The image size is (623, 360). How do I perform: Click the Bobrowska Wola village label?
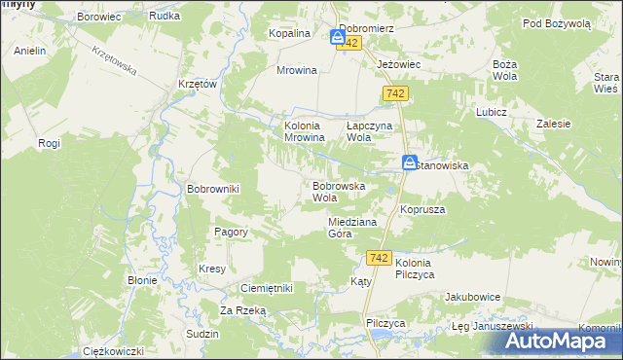coord(338,191)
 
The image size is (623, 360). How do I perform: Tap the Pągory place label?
coord(231,233)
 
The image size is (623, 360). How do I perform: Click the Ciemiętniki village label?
coord(266,288)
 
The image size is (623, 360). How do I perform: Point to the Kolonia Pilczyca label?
coord(426,270)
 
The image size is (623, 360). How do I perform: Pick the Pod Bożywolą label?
coord(556,23)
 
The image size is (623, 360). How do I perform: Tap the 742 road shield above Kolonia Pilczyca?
coord(381,258)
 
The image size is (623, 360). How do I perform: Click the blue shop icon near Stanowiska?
coord(411,163)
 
